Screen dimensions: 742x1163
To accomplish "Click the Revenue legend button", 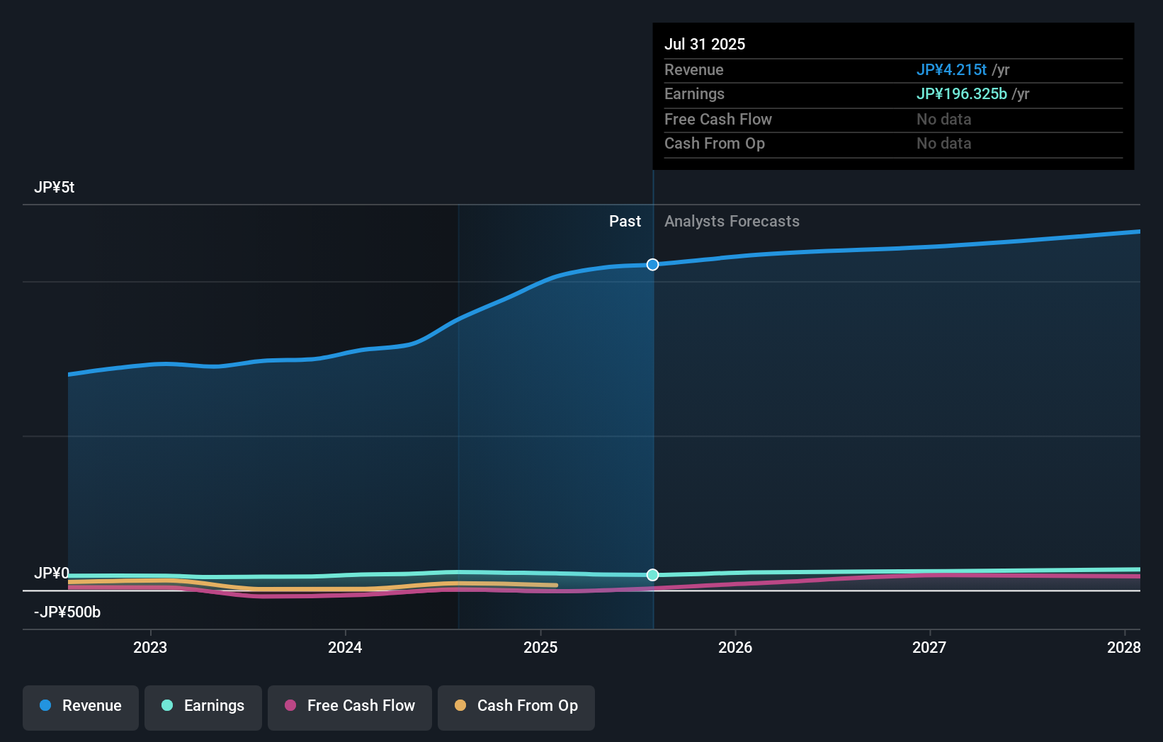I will pos(81,707).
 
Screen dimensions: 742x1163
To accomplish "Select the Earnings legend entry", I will pos(203,707).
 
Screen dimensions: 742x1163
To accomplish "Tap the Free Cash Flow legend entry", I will pos(350,707).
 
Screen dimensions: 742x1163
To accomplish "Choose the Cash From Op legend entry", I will pos(516,707).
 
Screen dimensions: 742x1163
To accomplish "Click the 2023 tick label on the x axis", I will pos(150,647).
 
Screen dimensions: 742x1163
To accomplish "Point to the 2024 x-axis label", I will pos(345,647).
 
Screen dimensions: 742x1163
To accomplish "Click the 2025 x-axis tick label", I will pos(540,647).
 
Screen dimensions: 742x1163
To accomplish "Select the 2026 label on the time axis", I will pos(735,647).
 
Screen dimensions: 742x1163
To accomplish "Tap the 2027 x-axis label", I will pos(929,647).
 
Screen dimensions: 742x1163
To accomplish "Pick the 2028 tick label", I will pos(1123,647).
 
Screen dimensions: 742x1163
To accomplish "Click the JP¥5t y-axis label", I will pos(55,188).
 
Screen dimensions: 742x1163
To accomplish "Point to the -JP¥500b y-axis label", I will pos(67,612).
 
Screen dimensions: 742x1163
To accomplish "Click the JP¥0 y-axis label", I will pos(52,573).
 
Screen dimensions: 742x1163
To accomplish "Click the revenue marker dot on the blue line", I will pos(653,265).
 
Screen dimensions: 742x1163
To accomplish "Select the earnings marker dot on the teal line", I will pos(653,575).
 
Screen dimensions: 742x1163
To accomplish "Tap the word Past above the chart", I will pos(625,222).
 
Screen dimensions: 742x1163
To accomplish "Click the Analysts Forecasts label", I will pos(732,222).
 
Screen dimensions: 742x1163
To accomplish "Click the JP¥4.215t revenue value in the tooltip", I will pos(951,70).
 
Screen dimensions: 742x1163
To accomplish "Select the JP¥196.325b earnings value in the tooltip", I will pos(961,94).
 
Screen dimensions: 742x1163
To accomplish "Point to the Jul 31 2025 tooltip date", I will pos(705,45).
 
